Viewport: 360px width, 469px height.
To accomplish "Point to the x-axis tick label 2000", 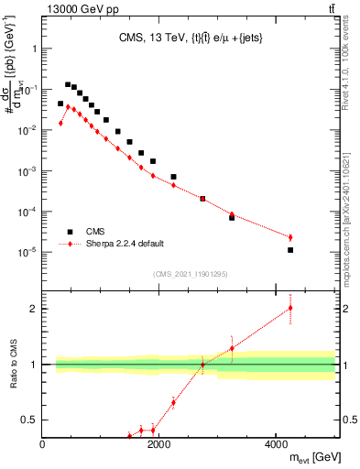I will [x=158, y=445].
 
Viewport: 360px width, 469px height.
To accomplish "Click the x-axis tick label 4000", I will [x=276, y=445].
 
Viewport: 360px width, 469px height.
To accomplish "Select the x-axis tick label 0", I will [x=43, y=445].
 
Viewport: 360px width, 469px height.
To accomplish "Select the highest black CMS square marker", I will [x=68, y=84].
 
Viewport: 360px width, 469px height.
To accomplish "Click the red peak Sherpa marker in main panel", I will [x=68, y=106].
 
